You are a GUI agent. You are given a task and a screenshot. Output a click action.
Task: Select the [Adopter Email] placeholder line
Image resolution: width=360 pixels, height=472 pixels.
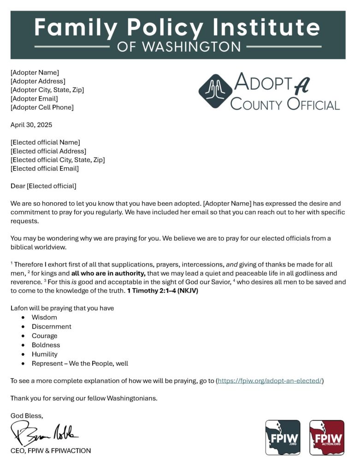point(34,99)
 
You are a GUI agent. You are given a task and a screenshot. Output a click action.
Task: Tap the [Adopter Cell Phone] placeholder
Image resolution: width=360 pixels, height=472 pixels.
point(42,107)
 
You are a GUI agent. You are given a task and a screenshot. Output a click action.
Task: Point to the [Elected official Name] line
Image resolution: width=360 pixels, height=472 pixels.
point(45,142)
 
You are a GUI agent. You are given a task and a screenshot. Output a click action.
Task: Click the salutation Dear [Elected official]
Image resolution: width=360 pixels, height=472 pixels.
point(43,186)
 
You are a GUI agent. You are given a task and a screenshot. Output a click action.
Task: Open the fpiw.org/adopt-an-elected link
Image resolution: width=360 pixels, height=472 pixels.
point(270,381)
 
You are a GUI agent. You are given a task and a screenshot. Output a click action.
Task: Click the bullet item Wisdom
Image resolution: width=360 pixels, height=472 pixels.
point(44,318)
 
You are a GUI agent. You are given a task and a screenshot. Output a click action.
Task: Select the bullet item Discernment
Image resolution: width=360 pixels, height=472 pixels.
point(51,327)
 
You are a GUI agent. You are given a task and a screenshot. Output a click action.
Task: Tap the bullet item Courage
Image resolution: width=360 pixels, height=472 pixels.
point(45,336)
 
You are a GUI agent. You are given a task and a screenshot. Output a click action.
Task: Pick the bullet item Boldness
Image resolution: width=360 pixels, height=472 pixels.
point(46,345)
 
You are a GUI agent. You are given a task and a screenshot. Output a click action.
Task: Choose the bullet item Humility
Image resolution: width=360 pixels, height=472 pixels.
point(45,354)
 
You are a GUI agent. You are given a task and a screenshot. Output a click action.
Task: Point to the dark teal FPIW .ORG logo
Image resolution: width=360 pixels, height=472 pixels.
point(283,437)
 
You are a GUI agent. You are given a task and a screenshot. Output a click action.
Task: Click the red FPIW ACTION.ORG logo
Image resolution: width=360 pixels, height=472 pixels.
point(326,437)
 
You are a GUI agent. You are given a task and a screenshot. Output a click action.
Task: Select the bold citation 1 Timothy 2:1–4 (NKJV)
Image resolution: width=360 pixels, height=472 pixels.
point(162,291)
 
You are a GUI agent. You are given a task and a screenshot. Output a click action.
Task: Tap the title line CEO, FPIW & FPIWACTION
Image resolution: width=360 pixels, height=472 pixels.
point(51,451)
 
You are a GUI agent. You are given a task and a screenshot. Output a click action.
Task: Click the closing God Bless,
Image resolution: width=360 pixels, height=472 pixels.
point(27,416)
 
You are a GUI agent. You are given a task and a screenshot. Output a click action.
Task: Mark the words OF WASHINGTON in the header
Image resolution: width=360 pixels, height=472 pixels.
point(179,47)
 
